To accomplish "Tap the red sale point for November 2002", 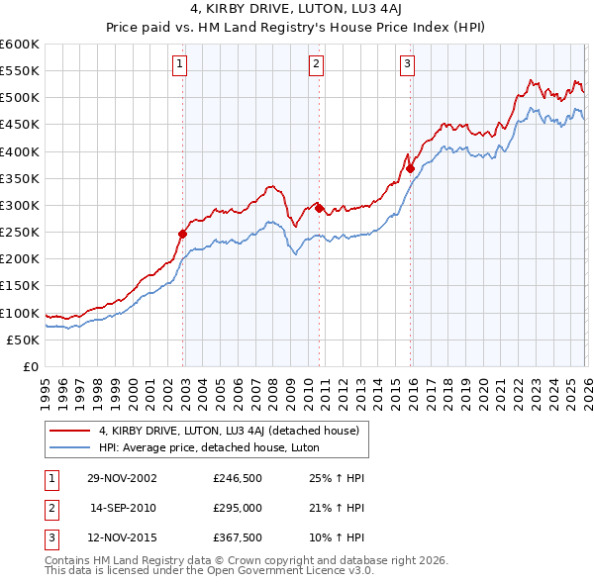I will point(183,235).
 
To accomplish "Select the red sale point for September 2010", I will point(319,208).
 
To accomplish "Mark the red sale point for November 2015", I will point(410,169).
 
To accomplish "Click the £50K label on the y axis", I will point(23,340).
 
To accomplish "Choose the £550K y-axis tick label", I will point(20,71).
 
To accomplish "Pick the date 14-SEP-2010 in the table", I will point(123,509).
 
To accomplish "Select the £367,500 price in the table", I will point(238,539).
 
